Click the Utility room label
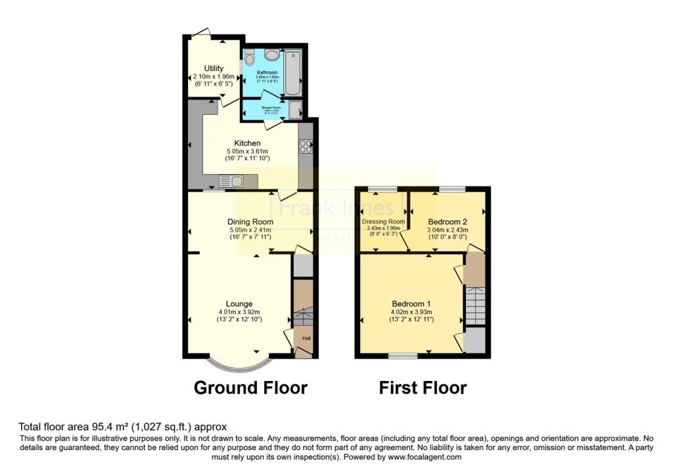pos(214,68)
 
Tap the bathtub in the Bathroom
pos(294,74)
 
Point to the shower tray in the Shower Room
pos(295,109)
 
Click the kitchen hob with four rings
pos(305,147)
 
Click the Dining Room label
pos(250,222)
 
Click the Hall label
pos(306,338)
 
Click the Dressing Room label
pos(383,222)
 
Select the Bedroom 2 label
pos(448,221)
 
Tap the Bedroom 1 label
pos(412,303)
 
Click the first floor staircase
pos(475,305)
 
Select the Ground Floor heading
pos(250,388)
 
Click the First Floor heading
pos(423,388)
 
